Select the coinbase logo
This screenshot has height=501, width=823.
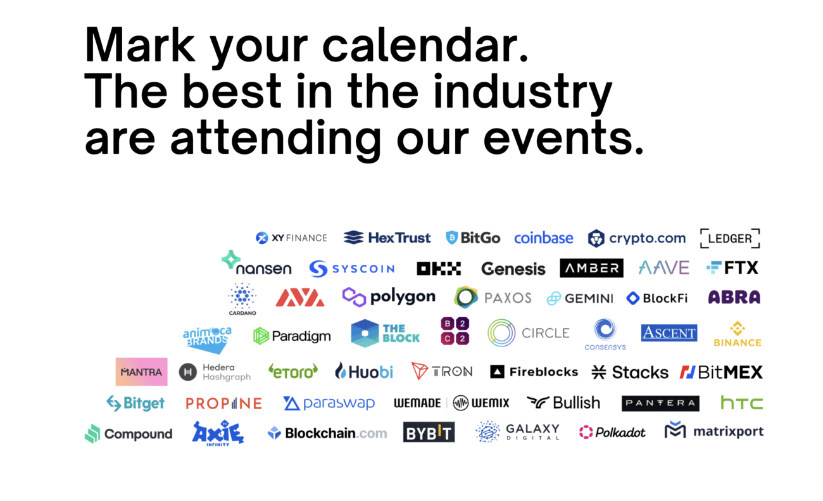pos(543,238)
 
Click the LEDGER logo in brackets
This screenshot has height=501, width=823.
pos(730,238)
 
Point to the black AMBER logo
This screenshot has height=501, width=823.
pos(591,268)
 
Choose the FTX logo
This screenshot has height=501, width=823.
pos(732,267)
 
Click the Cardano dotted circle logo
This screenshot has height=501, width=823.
pos(242,299)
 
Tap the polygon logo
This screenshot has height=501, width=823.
pos(388,297)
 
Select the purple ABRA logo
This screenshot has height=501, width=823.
pos(734,297)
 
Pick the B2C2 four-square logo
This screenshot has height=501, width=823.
pos(455,331)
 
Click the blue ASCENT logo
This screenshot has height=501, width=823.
pos(669,333)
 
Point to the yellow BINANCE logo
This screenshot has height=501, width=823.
pos(737,334)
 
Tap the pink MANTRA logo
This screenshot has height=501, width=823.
pos(141,372)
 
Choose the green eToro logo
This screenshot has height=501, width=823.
pos(293,371)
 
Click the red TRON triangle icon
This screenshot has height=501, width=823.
pos(419,371)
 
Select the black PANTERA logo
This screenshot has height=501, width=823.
pos(660,403)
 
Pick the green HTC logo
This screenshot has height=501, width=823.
pos(741,403)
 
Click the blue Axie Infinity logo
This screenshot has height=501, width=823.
pos(218,433)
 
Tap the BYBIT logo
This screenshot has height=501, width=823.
pos(429,432)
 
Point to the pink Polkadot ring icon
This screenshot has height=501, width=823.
pos(586,432)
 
